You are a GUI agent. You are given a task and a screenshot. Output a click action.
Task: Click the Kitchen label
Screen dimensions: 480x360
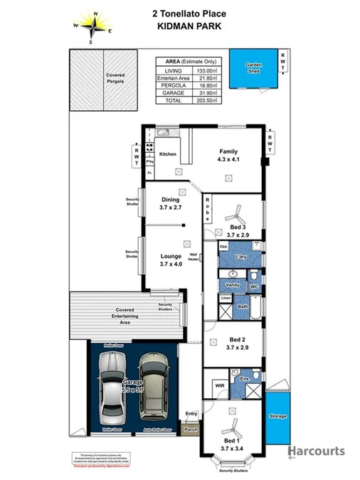[x=167, y=154]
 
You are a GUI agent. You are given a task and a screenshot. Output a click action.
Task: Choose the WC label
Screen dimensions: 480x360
[x=253, y=287]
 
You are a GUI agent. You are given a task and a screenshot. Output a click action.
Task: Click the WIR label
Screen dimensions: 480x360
[x=218, y=385]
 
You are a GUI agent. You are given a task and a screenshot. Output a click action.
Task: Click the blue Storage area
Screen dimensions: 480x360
[x=277, y=416]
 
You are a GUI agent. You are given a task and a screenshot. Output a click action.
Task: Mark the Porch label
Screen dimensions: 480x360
[x=190, y=430]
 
